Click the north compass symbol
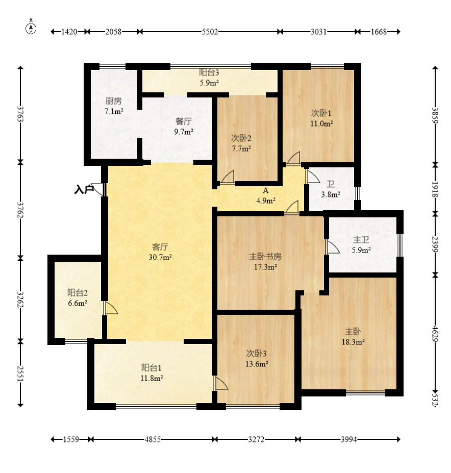pyautogui.click(x=31, y=28)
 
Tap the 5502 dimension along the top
pyautogui.click(x=210, y=32)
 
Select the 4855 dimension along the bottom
pyautogui.click(x=153, y=439)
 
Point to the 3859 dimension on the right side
pyautogui.click(x=435, y=115)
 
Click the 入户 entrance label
pyautogui.click(x=84, y=190)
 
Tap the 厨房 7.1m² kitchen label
pyautogui.click(x=114, y=106)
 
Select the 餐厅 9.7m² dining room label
pyautogui.click(x=184, y=126)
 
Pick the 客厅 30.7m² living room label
pyautogui.click(x=160, y=252)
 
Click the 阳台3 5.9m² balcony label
pyautogui.click(x=209, y=77)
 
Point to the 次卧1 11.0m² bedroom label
pyautogui.click(x=321, y=118)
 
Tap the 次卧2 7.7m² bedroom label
pyautogui.click(x=241, y=143)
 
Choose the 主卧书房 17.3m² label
pyautogui.click(x=265, y=262)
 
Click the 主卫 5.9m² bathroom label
pyautogui.click(x=361, y=244)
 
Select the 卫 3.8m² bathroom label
pyautogui.click(x=331, y=189)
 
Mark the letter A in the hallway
pyautogui.click(x=265, y=191)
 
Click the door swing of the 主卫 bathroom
pyautogui.click(x=333, y=247)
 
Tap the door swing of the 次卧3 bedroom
pyautogui.click(x=221, y=383)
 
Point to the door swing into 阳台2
pyautogui.click(x=111, y=308)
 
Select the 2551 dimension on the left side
pyautogui.click(x=20, y=374)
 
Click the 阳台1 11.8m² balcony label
pyautogui.click(x=152, y=373)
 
